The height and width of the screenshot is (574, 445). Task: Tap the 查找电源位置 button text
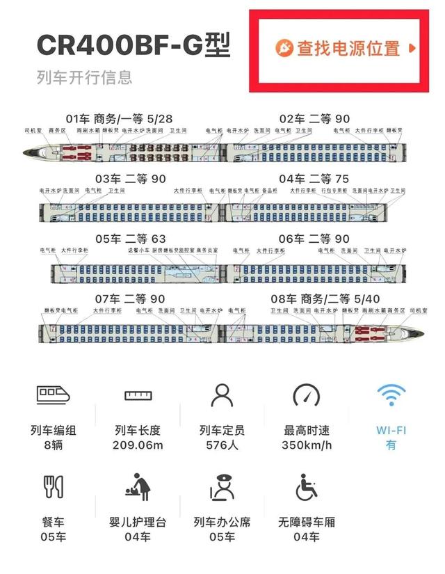tap(348, 48)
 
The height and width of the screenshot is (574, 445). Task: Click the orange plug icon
tap(284, 48)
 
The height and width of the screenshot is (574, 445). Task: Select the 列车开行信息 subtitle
tap(84, 77)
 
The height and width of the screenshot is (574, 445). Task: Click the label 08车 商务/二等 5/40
tap(319, 299)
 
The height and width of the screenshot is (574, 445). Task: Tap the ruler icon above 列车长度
tap(138, 395)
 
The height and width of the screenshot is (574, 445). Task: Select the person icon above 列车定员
tap(222, 394)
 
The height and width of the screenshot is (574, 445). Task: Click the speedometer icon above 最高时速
tap(307, 394)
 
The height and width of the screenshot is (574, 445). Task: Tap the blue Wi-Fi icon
tap(391, 394)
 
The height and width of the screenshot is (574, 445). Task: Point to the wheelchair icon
tap(307, 486)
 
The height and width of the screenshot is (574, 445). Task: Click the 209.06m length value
tap(138, 445)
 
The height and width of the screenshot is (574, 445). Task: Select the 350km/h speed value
tap(307, 445)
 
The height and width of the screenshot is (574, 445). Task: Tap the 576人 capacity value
tap(222, 445)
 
